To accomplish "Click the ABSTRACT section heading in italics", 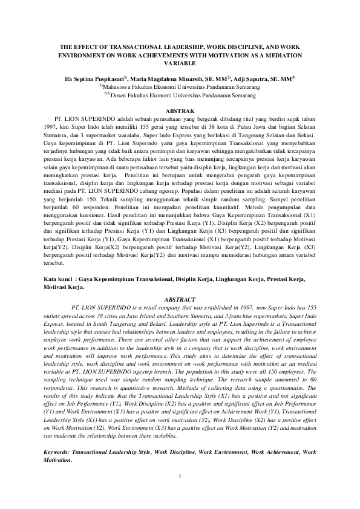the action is (180, 299).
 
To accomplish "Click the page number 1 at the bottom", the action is (180, 484).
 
